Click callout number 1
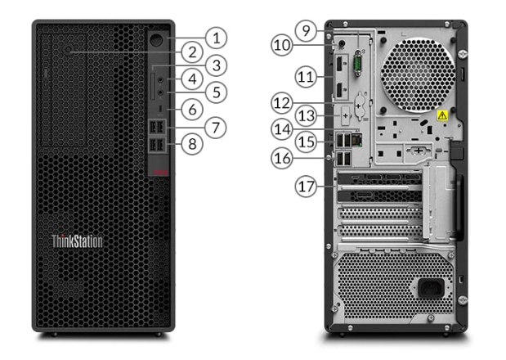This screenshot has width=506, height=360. pos(216,37)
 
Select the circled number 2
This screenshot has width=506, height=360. pos(192,52)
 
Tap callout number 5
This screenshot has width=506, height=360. pos(216,92)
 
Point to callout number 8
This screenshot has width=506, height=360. pos(192,144)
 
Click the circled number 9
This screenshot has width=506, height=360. pos(305,32)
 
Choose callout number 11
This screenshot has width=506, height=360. pos(306,78)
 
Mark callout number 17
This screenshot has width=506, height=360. pos(306,187)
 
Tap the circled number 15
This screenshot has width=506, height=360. pos(306,142)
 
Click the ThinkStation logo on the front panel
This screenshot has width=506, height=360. pos(77,241)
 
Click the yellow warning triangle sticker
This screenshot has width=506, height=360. pos(442,116)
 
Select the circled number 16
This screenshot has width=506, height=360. pos(283,157)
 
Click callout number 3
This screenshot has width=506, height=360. pos(216,65)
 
